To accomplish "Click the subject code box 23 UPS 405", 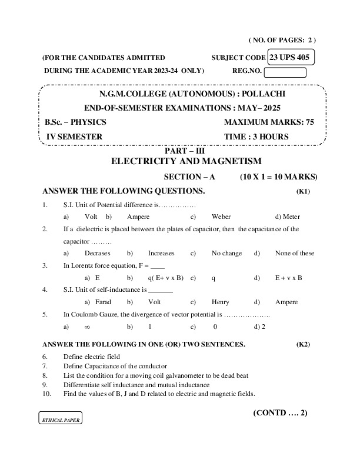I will (x=291, y=57).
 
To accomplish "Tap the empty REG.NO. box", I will (x=285, y=73).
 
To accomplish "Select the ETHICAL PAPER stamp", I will (x=61, y=420).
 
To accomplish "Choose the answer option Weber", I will (x=221, y=217).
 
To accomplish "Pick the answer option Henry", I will (x=220, y=301).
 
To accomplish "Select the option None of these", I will (x=294, y=253).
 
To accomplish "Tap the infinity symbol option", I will (x=87, y=326).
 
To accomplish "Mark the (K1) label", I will (x=303, y=191).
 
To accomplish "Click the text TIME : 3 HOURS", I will (x=256, y=137).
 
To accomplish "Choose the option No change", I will (x=226, y=253).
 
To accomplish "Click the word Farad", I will (x=103, y=301).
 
